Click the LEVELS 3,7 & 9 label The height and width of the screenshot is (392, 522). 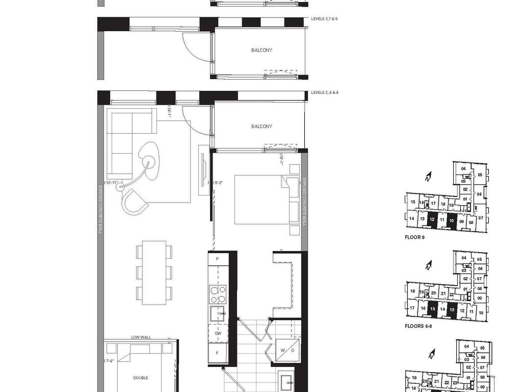click(x=324, y=18)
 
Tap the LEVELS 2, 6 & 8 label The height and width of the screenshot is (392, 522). click(x=325, y=92)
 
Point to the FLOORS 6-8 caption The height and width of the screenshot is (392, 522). click(x=418, y=326)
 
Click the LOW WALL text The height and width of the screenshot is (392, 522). click(x=141, y=337)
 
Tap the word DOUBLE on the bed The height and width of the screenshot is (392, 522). click(x=141, y=378)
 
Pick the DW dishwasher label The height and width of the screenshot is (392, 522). click(x=218, y=333)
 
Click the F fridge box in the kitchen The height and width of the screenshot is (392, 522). click(x=218, y=353)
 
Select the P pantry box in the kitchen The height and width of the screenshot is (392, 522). click(x=218, y=259)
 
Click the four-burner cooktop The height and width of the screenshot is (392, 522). click(x=218, y=294)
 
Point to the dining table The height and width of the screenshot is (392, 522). click(x=154, y=273)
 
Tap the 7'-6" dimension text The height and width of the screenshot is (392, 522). click(x=110, y=361)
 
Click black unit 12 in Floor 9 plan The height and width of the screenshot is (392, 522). click(x=432, y=220)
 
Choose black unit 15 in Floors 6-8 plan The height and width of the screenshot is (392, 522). click(x=432, y=309)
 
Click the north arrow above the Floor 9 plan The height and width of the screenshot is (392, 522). click(x=428, y=177)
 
